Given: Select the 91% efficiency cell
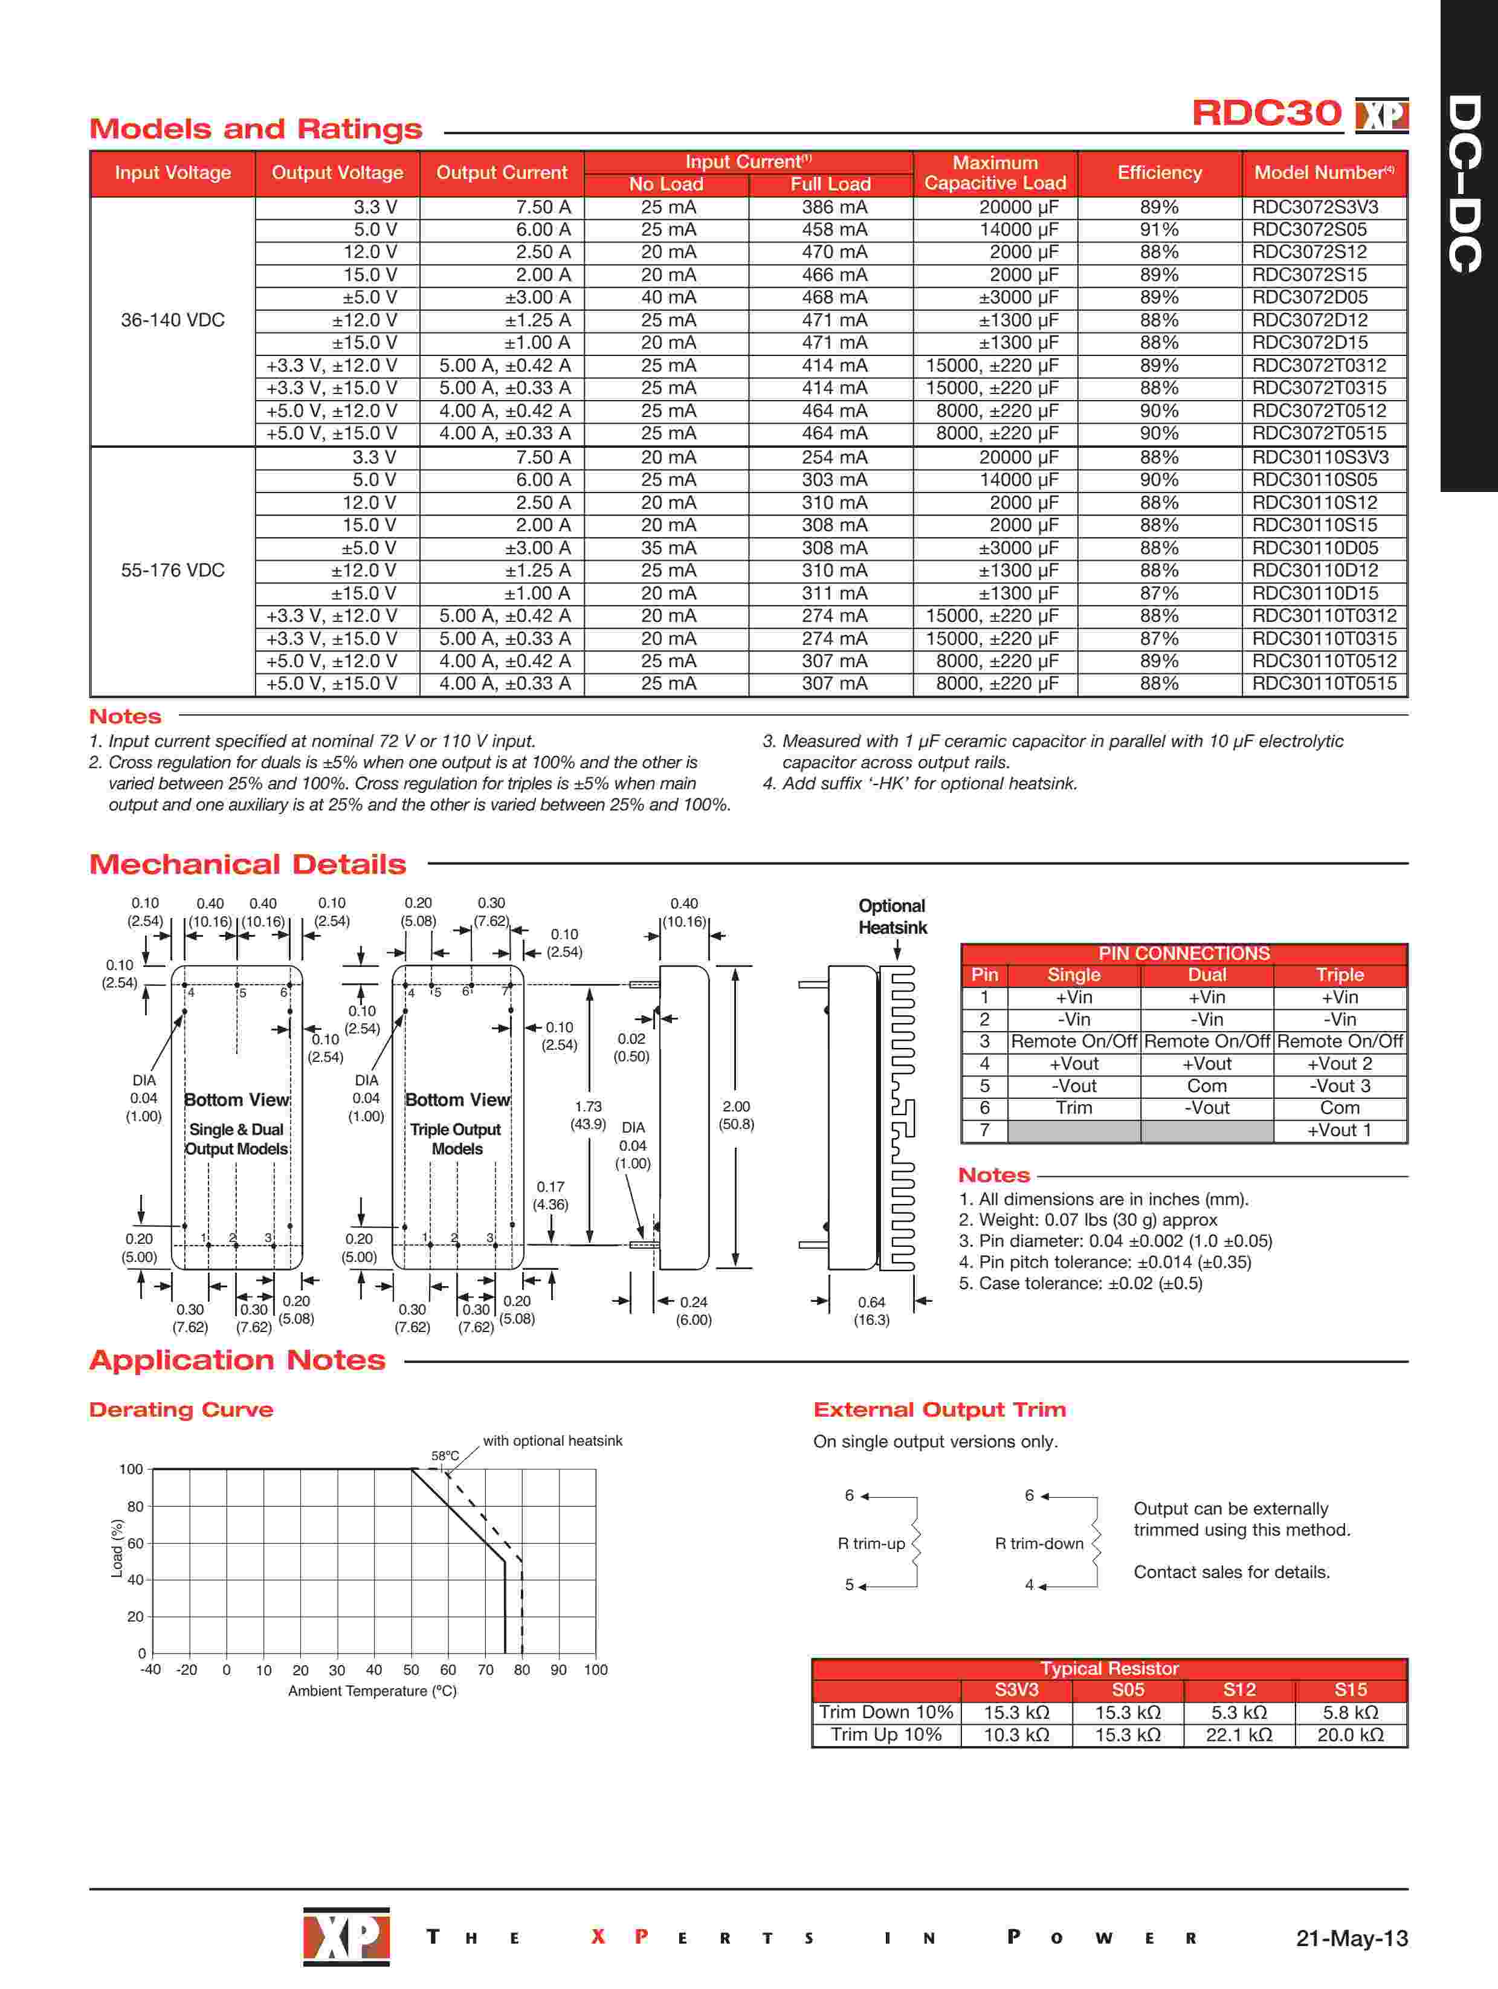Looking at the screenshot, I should [1158, 229].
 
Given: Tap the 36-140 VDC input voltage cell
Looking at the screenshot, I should [173, 320].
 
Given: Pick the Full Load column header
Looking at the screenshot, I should [830, 184].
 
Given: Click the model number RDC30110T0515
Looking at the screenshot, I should [1323, 684].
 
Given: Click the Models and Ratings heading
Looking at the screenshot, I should [256, 129].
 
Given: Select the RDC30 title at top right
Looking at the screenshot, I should [1266, 113].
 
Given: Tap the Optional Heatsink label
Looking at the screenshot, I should [891, 916].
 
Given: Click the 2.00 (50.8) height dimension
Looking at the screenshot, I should [737, 1115].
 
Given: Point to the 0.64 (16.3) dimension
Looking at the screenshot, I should [871, 1310].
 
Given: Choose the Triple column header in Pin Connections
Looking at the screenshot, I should [1339, 975].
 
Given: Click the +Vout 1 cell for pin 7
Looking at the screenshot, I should [1339, 1130].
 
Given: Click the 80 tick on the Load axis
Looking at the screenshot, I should [135, 1506].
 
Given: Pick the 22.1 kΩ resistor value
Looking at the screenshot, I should [1238, 1735].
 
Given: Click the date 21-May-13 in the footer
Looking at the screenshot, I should [1351, 1938].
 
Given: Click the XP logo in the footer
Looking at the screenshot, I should [346, 1936].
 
